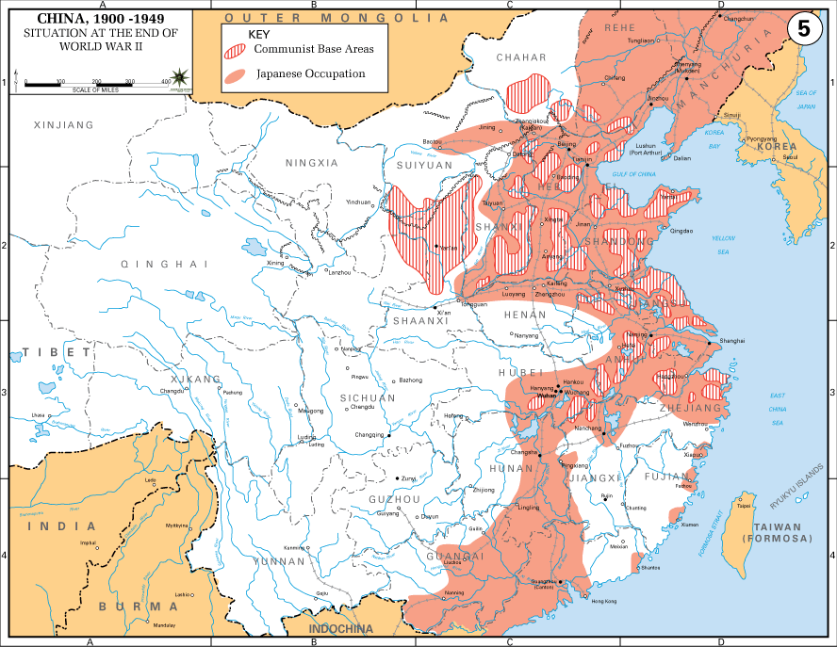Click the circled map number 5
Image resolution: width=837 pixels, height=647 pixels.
click(x=803, y=28)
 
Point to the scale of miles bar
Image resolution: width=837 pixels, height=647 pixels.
click(x=95, y=86)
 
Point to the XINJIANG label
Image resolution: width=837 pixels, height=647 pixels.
click(x=63, y=124)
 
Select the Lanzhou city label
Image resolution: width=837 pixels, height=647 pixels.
click(x=338, y=271)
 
